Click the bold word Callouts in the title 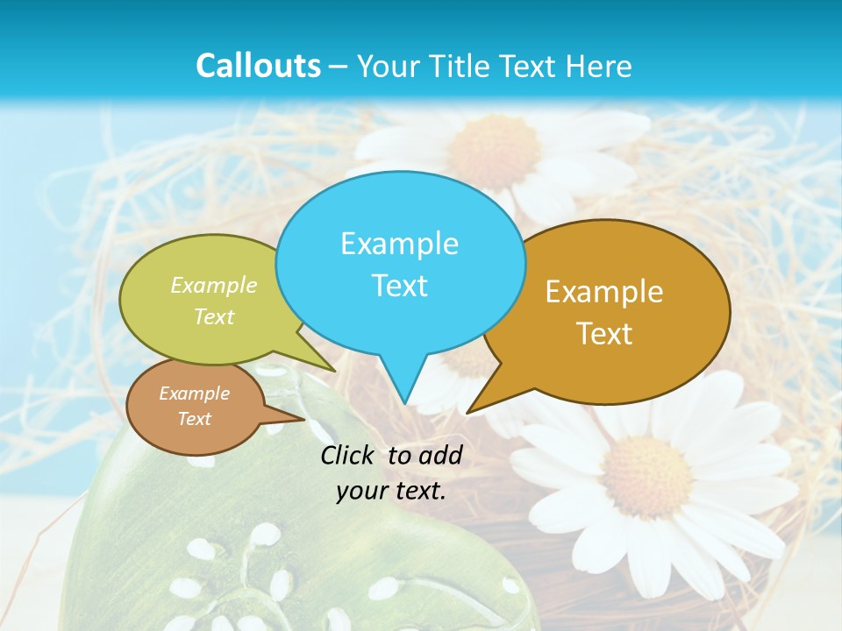coord(258,66)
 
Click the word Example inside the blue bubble coord(399,244)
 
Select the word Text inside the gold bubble coord(604,334)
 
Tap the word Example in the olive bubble coord(214,286)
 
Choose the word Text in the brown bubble coord(194,419)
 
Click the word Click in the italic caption coord(348,455)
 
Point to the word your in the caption coord(360,491)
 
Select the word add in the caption coord(441,455)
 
